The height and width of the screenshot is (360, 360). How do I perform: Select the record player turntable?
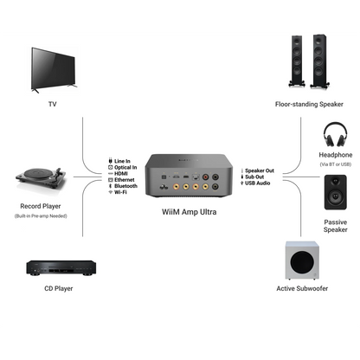[42, 179]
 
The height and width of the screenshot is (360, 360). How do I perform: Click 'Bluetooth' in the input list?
[126, 185]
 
